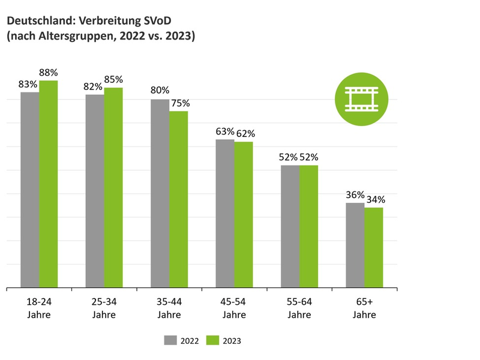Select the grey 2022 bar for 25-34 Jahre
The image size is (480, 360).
(x=95, y=191)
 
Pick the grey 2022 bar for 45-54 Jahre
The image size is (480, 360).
(x=225, y=214)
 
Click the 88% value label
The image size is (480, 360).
(x=49, y=73)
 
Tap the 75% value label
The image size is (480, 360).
(x=179, y=103)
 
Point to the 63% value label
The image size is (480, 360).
(x=224, y=131)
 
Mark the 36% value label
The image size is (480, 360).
(x=355, y=194)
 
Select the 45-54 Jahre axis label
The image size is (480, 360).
(x=234, y=308)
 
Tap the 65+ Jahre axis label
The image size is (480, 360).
(x=364, y=308)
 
